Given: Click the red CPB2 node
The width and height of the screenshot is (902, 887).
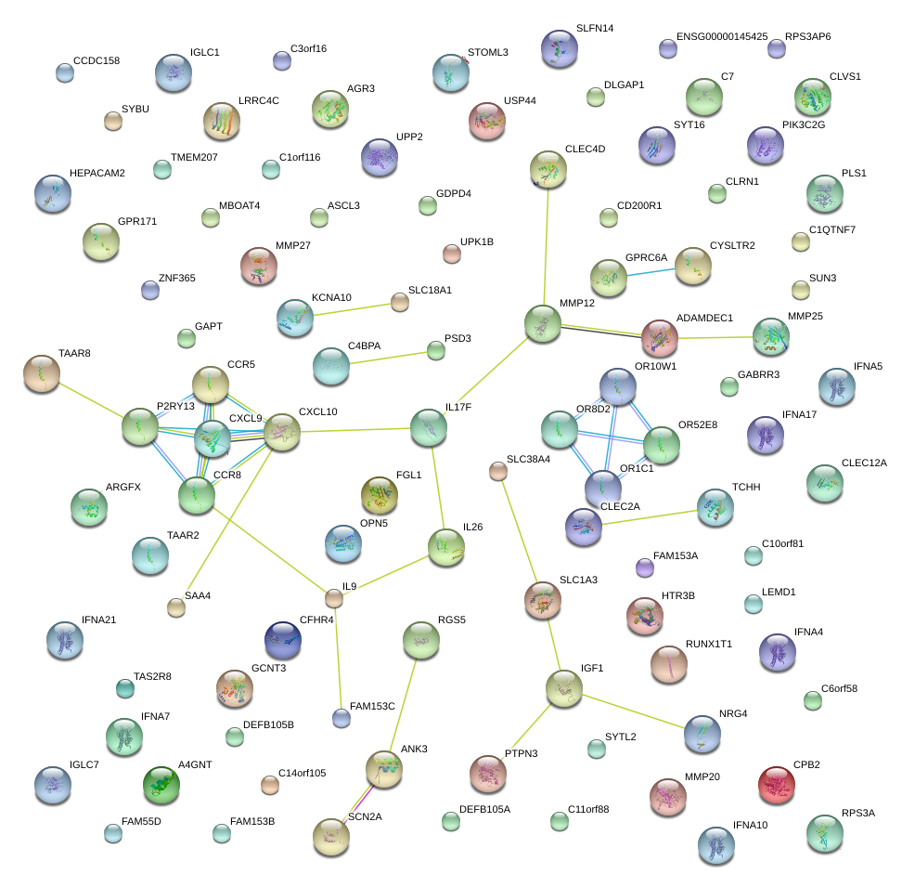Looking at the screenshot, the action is coord(777,785).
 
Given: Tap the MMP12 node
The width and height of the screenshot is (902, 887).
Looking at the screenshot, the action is coord(543,323).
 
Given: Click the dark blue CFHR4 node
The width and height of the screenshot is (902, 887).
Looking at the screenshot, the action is coord(283,639).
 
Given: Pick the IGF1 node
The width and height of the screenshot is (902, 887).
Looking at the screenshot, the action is coord(563,688).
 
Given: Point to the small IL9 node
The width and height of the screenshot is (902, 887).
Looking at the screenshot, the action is coord(334,598).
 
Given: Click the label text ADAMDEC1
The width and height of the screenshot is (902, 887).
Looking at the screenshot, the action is coord(704,318).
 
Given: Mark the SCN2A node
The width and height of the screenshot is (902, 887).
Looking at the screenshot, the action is coord(331,836).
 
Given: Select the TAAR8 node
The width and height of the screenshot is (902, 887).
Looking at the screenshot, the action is coord(41,373).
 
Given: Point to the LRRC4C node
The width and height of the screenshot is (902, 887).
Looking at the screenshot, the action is coord(221,120).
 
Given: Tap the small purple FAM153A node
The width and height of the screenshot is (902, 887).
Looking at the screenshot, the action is coord(644,567).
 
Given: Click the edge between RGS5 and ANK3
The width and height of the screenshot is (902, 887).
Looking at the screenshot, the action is coord(404,703).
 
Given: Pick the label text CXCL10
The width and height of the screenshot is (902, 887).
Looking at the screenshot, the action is coord(317,411).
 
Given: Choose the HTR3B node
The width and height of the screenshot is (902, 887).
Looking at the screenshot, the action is coord(644,616).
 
